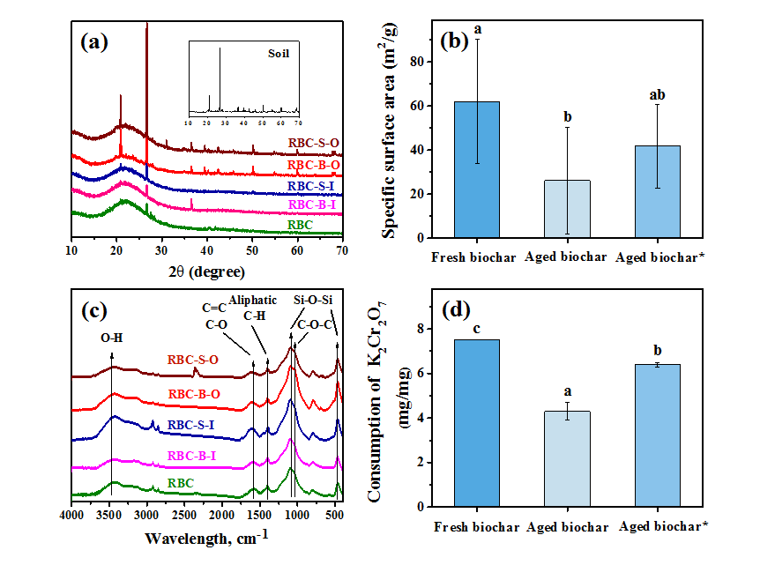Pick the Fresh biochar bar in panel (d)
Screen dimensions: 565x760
(477, 423)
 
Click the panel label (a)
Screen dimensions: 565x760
(93, 41)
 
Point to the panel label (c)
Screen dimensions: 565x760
(93, 310)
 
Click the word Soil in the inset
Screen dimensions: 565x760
(279, 53)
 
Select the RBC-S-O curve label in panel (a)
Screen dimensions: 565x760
(314, 143)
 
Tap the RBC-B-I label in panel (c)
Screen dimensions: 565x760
(192, 456)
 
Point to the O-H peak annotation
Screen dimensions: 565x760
(112, 336)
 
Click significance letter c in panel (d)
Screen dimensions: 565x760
(477, 330)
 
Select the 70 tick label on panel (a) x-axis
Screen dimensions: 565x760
(342, 250)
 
